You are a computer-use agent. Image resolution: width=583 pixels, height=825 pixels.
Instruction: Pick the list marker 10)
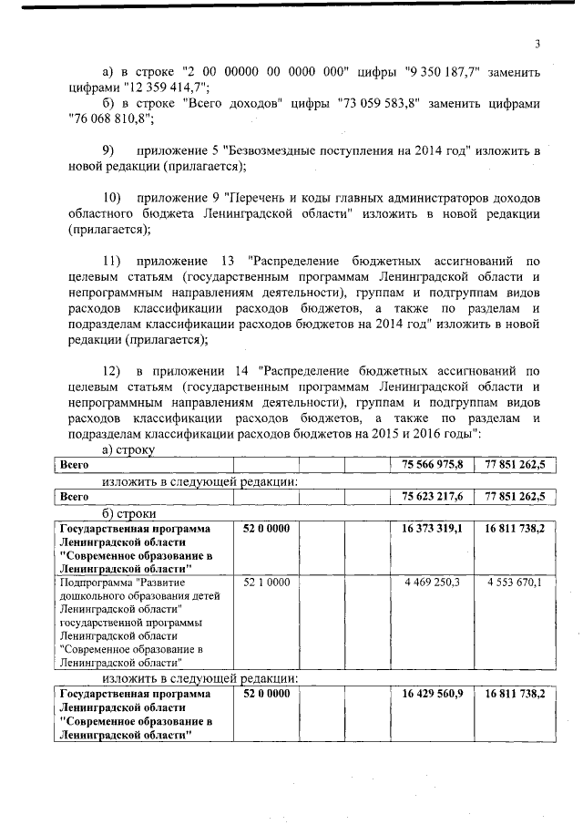(x=111, y=197)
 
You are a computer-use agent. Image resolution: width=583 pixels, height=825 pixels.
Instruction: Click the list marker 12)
(x=111, y=370)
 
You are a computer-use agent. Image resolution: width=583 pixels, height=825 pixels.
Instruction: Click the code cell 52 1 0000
(x=267, y=582)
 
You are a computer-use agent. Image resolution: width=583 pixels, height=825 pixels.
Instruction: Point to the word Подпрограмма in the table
(x=95, y=582)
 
